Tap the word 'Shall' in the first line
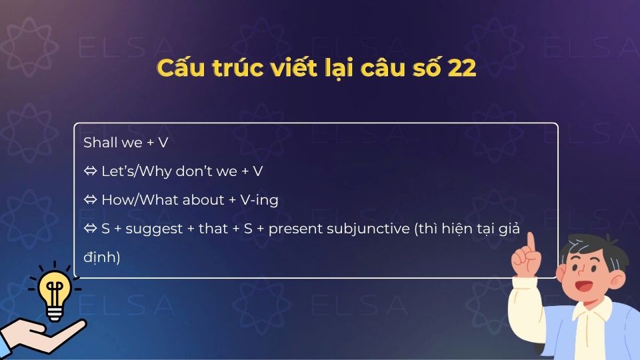(x=98, y=143)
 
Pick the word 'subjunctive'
(x=369, y=229)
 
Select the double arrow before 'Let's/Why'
(x=90, y=171)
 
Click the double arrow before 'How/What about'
(x=90, y=200)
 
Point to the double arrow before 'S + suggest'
(x=90, y=229)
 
